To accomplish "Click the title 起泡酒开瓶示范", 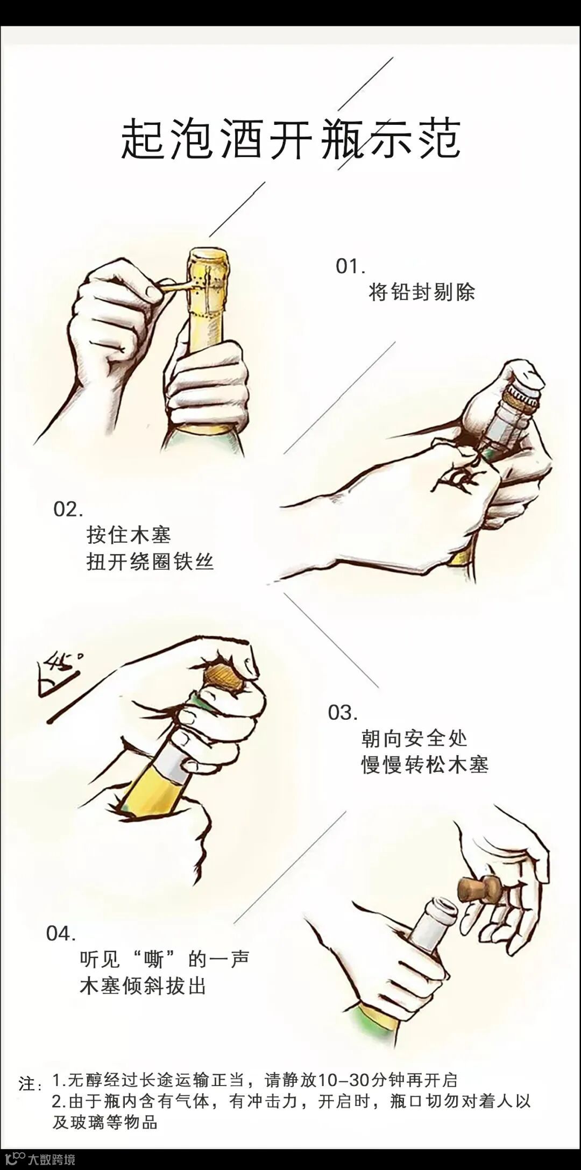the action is pos(290,139).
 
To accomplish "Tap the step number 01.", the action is pos(351,266).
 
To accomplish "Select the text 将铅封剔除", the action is pos(422,293).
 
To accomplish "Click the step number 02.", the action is pos(68,509).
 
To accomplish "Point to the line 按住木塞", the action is pos(129,535).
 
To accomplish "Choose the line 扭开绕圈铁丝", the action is pos(151,562).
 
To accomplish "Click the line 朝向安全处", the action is pos(415,739).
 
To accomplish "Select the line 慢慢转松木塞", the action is pos(425,765).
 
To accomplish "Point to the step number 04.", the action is pos(61,933).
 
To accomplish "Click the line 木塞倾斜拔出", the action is pos(143,987).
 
